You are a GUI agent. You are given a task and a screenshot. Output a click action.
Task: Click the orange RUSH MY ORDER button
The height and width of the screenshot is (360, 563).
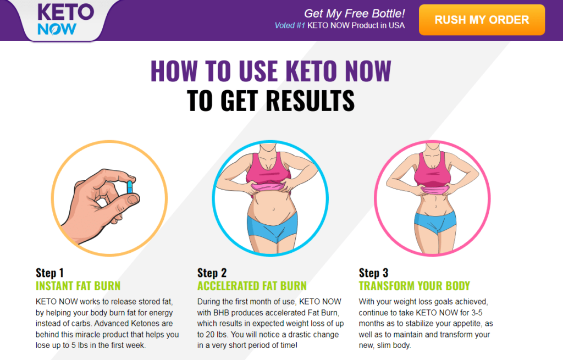pos(482,20)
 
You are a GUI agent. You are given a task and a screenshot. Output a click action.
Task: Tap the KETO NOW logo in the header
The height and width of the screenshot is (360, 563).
pos(57,20)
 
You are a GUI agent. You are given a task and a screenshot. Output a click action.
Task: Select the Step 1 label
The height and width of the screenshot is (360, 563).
pos(49,273)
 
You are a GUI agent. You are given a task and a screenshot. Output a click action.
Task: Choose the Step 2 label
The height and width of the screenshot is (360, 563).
pos(212,273)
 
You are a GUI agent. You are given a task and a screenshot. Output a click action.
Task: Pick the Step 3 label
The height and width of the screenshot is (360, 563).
pos(373,273)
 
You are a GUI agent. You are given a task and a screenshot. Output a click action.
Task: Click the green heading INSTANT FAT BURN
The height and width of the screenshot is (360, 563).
pos(78,286)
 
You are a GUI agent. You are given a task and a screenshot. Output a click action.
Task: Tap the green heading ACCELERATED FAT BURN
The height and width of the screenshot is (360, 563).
pos(252,286)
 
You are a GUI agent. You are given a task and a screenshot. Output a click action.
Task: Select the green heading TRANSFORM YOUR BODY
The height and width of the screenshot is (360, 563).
pos(414,286)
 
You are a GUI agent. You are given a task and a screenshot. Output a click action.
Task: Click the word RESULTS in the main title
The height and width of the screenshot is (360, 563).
pos(310,101)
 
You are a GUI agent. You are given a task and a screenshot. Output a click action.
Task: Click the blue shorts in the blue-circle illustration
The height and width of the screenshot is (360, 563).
pos(272,225)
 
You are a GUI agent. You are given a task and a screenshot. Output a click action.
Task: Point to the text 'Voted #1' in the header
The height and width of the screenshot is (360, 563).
pos(290,25)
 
